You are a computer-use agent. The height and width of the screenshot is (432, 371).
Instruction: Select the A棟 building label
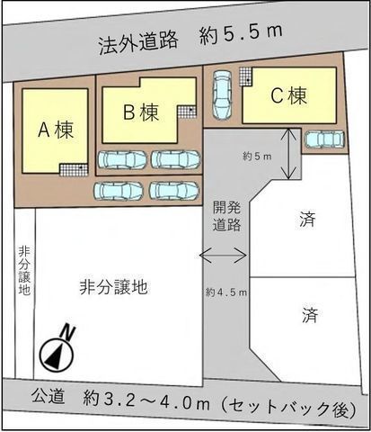tap(55, 129)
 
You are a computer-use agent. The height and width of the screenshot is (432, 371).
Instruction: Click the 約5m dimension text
tap(257, 156)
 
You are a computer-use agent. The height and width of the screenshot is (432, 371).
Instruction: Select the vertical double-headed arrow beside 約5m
tap(288, 154)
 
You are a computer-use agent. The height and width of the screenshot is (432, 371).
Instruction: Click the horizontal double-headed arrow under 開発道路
tap(223, 256)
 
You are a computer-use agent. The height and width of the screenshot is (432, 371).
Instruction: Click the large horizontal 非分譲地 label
tap(113, 287)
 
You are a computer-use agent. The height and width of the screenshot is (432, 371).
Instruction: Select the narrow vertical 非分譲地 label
tap(24, 271)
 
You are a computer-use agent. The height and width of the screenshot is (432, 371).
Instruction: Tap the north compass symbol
tap(56, 350)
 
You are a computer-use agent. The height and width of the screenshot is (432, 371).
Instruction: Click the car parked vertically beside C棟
tap(222, 92)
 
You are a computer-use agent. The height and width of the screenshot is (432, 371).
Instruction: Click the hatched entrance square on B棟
tap(186, 111)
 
